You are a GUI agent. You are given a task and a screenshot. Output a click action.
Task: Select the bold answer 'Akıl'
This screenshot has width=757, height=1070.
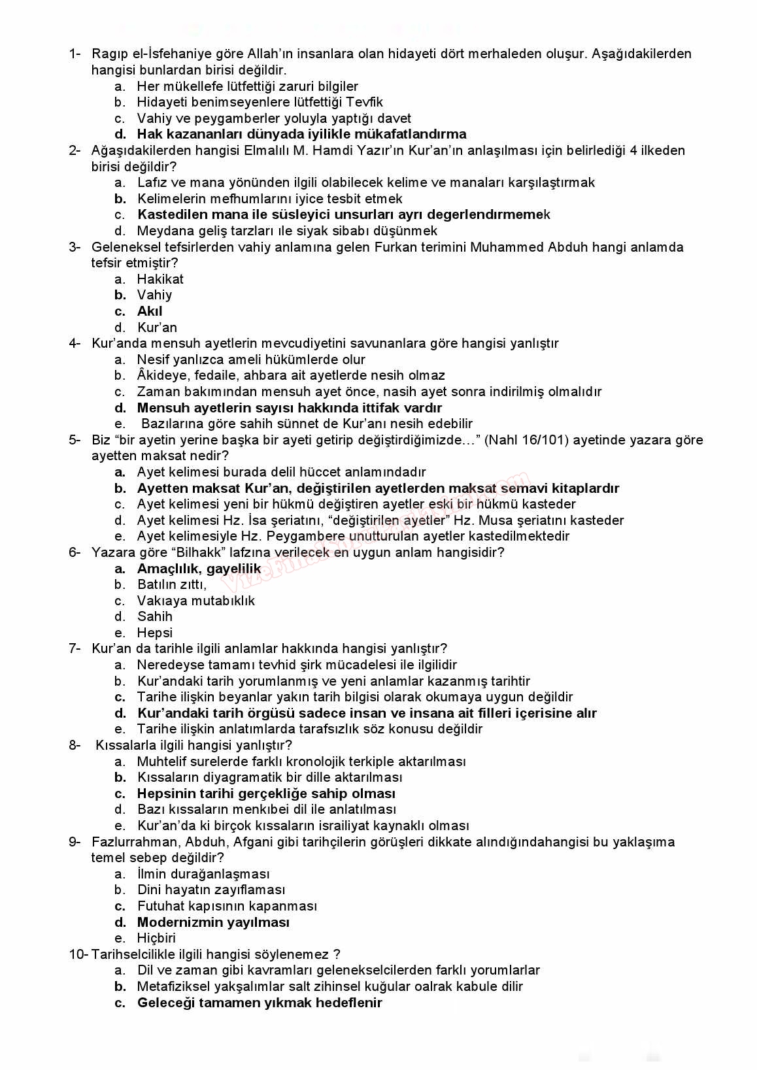click(150, 311)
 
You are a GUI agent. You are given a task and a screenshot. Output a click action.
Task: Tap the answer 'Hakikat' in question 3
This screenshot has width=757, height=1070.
click(160, 279)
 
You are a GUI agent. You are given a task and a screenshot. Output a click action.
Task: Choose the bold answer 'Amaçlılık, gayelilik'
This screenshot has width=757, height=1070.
click(199, 569)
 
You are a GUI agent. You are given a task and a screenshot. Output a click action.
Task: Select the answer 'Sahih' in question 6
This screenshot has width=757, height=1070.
click(155, 616)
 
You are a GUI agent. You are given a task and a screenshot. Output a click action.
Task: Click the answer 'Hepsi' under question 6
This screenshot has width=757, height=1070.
click(155, 633)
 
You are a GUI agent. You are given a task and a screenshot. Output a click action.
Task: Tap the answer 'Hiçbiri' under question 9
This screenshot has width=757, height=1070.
click(156, 938)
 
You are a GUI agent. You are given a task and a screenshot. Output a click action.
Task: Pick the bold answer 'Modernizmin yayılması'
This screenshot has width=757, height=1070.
click(213, 922)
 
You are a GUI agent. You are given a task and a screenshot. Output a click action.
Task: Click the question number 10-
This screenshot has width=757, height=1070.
click(78, 954)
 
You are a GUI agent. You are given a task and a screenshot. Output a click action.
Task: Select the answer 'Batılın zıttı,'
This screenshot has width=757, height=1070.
click(172, 584)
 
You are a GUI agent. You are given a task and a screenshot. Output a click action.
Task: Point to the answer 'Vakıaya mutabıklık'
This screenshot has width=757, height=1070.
click(196, 601)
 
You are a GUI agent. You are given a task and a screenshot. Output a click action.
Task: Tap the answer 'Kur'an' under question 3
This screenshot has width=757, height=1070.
click(157, 327)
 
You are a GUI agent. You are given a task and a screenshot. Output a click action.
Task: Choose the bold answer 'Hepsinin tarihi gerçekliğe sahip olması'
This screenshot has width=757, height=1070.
click(266, 794)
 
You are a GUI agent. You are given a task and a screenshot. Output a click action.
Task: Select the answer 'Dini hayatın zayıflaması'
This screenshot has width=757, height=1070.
click(211, 890)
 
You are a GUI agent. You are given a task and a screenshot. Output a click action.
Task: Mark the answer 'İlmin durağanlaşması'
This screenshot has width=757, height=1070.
click(203, 874)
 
